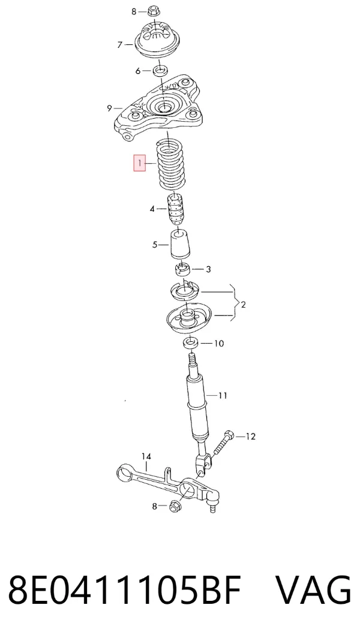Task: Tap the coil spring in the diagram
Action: click(x=172, y=164)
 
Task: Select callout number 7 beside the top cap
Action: click(x=119, y=44)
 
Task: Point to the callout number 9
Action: click(x=109, y=108)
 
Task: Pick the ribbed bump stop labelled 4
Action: click(x=175, y=209)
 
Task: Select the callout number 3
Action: click(x=208, y=269)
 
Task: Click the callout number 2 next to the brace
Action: click(x=244, y=304)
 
